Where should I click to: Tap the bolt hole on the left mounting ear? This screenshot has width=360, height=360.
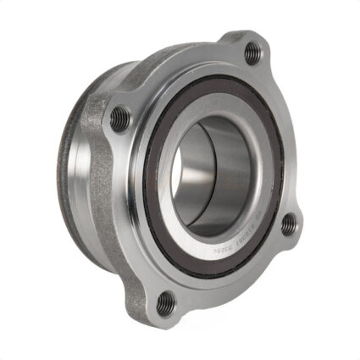[x=120, y=118]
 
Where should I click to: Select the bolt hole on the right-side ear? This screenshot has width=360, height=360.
[x=289, y=224]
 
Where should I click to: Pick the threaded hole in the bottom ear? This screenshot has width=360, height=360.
[x=166, y=302]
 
